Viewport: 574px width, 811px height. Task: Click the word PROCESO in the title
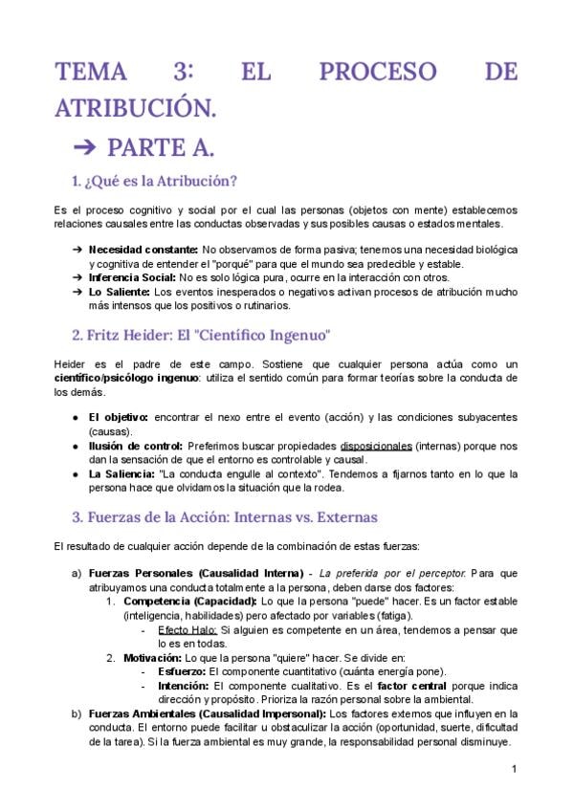(x=370, y=73)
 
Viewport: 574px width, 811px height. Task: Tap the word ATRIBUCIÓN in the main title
(x=135, y=109)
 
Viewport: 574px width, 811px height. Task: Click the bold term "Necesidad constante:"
(x=143, y=250)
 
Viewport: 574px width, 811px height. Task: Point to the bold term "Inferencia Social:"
(x=132, y=277)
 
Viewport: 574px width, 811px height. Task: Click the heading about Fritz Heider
(x=201, y=336)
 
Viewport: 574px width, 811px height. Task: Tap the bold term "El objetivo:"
(x=118, y=417)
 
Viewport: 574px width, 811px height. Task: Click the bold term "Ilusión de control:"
(x=135, y=446)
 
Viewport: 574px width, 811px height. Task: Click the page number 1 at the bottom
(x=514, y=769)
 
